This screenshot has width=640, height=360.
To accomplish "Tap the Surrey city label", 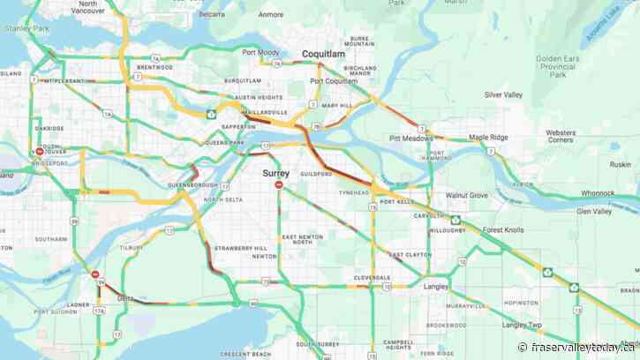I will point(275,174).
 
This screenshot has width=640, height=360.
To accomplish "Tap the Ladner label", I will point(53,304).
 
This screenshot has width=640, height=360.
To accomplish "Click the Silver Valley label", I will point(503,94).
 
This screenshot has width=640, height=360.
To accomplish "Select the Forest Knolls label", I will point(503,229).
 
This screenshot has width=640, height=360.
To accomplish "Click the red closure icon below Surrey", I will point(279,185).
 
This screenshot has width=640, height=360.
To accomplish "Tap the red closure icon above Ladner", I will point(95,274).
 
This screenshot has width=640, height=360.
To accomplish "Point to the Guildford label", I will point(315,174).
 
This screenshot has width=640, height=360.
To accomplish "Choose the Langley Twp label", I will point(521,325).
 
